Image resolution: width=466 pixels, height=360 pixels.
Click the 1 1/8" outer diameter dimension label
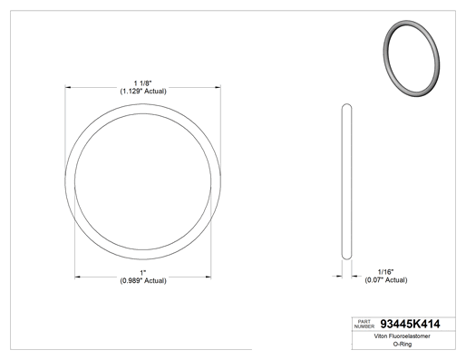click(143, 83)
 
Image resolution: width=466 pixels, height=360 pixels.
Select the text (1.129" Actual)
click(143, 92)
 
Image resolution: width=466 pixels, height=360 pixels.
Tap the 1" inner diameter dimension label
click(143, 273)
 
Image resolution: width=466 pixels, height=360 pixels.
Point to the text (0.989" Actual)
click(143, 281)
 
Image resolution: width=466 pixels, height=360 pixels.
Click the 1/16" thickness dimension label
click(386, 272)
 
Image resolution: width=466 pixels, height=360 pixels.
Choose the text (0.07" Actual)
click(386, 280)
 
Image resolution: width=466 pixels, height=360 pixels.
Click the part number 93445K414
click(410, 324)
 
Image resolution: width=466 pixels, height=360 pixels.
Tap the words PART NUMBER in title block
click(364, 324)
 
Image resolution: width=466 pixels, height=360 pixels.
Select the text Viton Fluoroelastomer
click(402, 336)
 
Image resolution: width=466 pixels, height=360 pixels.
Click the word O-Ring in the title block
click(403, 344)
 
